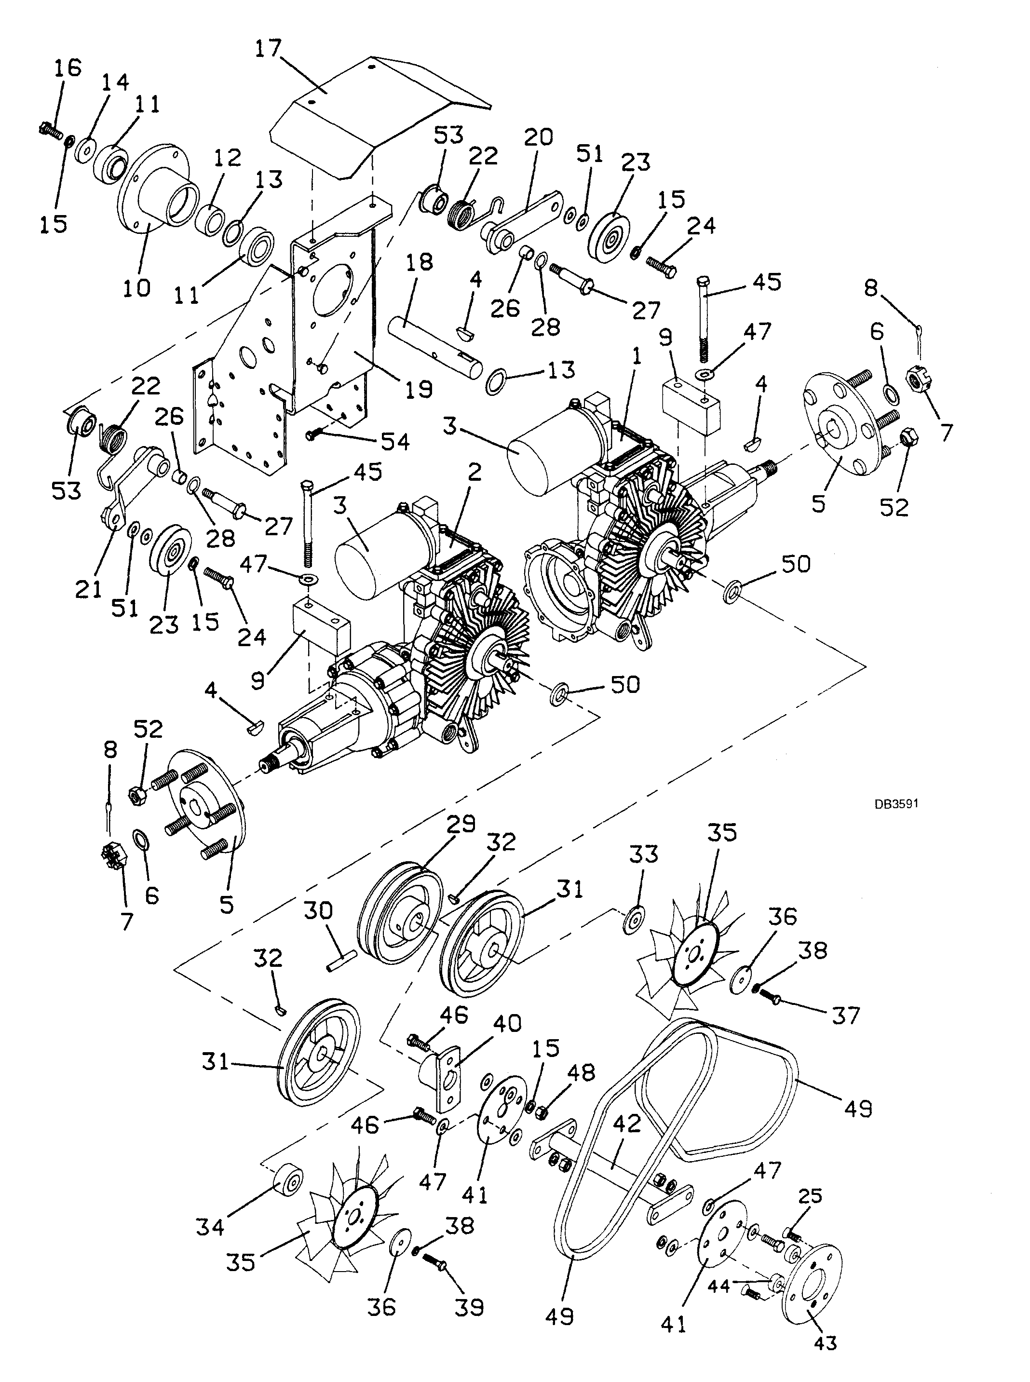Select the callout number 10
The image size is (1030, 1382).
(137, 288)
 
